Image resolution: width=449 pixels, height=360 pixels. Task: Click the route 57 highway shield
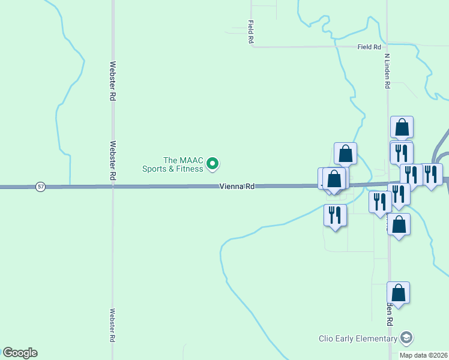pyautogui.click(x=40, y=187)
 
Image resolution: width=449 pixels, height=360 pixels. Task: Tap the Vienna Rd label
pyautogui.click(x=237, y=187)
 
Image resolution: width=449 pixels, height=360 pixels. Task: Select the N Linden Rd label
pyautogui.click(x=388, y=71)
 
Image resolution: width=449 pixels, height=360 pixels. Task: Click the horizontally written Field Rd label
pyautogui.click(x=369, y=47)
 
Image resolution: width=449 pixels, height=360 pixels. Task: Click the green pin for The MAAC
pyautogui.click(x=212, y=163)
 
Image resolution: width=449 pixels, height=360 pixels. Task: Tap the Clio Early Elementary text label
pyautogui.click(x=358, y=338)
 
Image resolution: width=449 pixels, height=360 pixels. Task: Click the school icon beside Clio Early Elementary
pyautogui.click(x=407, y=338)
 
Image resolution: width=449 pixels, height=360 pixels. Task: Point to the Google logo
pyautogui.click(x=20, y=353)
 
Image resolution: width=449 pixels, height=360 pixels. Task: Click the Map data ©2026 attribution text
pyautogui.click(x=423, y=355)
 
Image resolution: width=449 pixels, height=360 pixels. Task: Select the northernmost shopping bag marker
pyautogui.click(x=402, y=127)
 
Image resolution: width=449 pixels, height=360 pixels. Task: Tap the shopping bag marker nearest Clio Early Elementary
pyautogui.click(x=398, y=293)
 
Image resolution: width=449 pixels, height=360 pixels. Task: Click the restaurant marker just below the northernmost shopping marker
pyautogui.click(x=401, y=152)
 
